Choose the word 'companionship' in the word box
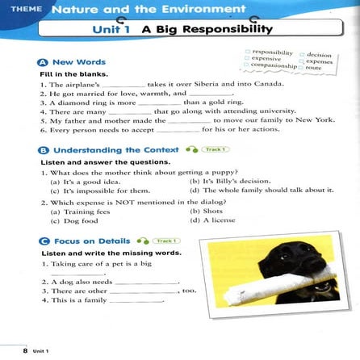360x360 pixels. click(272, 67)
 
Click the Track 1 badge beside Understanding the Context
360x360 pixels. click(216, 150)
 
